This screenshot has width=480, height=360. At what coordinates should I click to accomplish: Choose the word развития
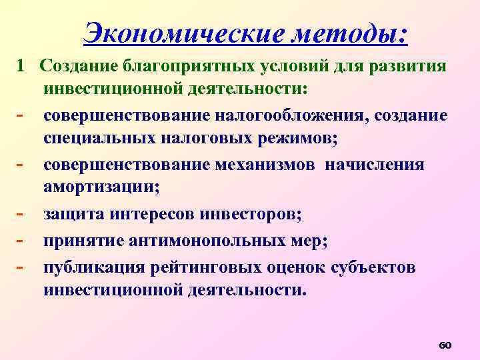(409, 67)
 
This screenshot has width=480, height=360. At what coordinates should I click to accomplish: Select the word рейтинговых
(197, 268)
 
